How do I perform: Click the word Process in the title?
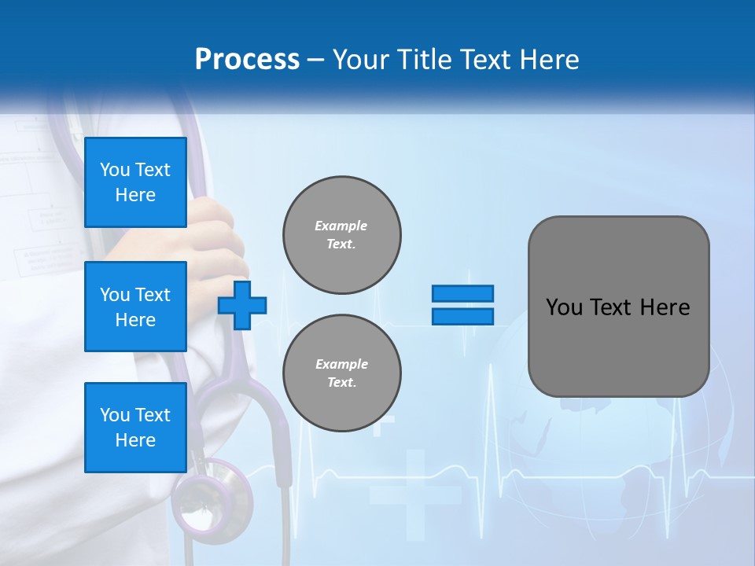247,59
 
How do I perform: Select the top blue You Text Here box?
135,182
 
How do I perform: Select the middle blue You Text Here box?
135,307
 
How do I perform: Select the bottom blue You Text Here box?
135,427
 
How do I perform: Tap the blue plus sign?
242,305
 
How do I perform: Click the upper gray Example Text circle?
342,235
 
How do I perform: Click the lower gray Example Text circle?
342,373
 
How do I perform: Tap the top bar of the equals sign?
462,293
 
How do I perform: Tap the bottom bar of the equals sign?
462,316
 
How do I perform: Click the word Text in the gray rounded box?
613,307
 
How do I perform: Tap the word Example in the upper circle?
341,226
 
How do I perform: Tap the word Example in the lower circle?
341,364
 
